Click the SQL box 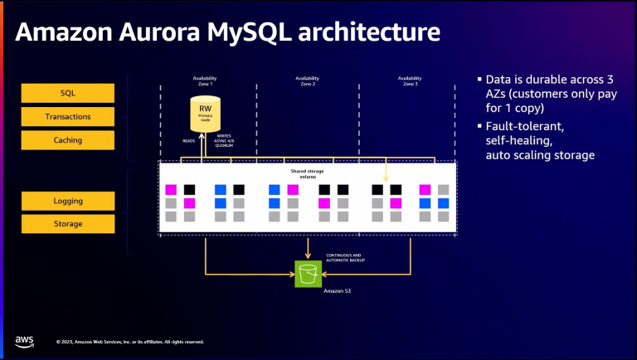click(x=68, y=93)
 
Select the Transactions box click(x=68, y=116)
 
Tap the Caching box click(x=68, y=140)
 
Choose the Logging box click(x=68, y=200)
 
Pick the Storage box click(x=68, y=224)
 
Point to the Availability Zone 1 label click(x=205, y=81)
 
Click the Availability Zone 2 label click(x=308, y=81)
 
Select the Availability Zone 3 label click(x=410, y=81)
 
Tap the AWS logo click(x=24, y=341)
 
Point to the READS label click(x=188, y=141)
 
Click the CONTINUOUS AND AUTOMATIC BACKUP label click(x=341, y=257)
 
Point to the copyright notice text click(x=130, y=342)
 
